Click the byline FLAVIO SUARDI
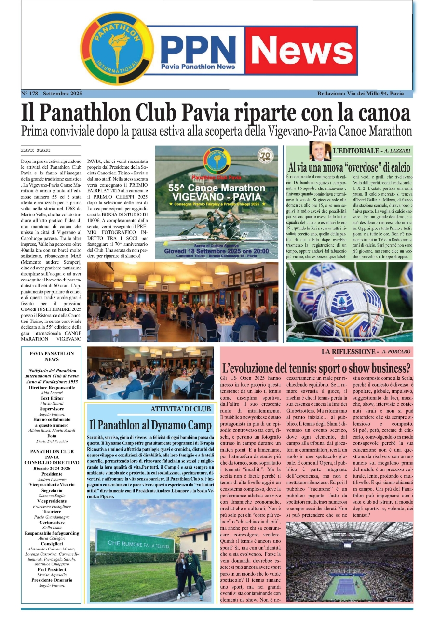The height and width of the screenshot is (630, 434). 36,150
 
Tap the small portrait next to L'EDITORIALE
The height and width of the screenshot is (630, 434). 320,151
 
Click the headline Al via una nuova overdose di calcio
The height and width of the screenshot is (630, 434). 350,168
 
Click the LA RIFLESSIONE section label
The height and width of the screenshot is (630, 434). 350,352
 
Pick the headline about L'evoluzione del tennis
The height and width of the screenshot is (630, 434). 316,369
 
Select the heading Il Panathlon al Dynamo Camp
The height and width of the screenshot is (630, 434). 150,425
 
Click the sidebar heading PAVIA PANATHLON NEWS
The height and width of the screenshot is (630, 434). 52,356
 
